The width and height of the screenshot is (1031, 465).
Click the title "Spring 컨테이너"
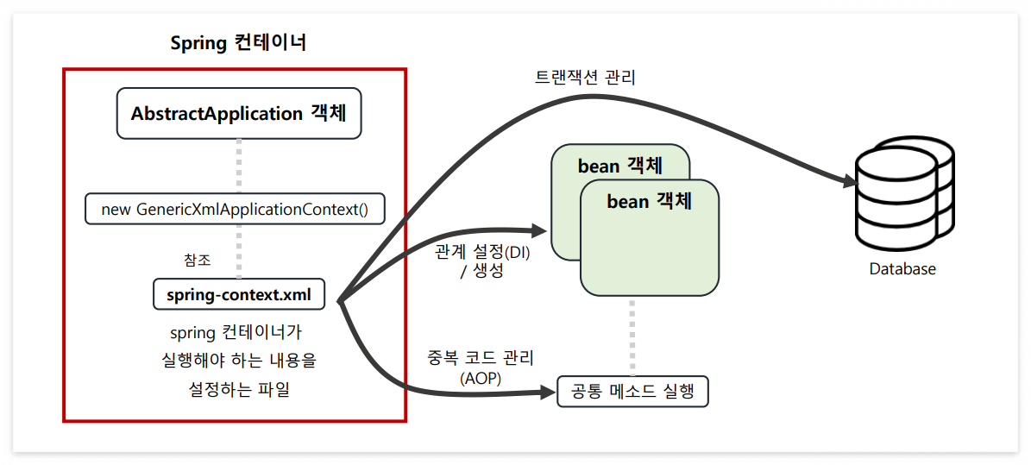238,43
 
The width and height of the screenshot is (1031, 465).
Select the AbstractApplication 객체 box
238,114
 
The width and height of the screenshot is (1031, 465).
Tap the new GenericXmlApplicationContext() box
235,210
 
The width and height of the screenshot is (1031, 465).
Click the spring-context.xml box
239,295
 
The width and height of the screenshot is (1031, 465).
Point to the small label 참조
197,260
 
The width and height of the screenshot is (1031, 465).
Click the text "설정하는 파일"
239,389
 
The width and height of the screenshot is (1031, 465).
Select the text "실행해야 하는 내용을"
239,361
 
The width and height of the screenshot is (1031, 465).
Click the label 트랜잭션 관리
585,79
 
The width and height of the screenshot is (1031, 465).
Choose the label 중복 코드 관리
481,357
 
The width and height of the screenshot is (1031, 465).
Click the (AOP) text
481,377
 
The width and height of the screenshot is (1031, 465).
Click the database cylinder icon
902,195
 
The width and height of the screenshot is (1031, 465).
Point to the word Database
902,269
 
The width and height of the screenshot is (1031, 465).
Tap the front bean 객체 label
650,202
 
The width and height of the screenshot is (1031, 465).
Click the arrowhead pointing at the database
849,182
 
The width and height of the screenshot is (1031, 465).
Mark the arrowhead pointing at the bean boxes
538,230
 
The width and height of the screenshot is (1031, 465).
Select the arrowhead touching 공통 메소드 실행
548,393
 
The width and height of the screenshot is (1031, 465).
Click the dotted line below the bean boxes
632,336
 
